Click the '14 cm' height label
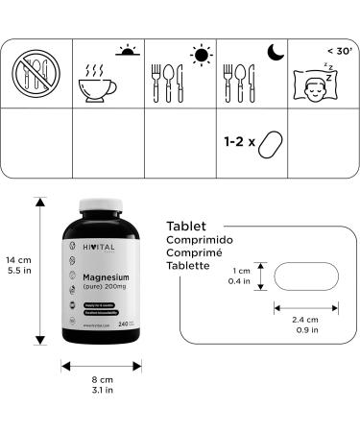coord(17,259)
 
